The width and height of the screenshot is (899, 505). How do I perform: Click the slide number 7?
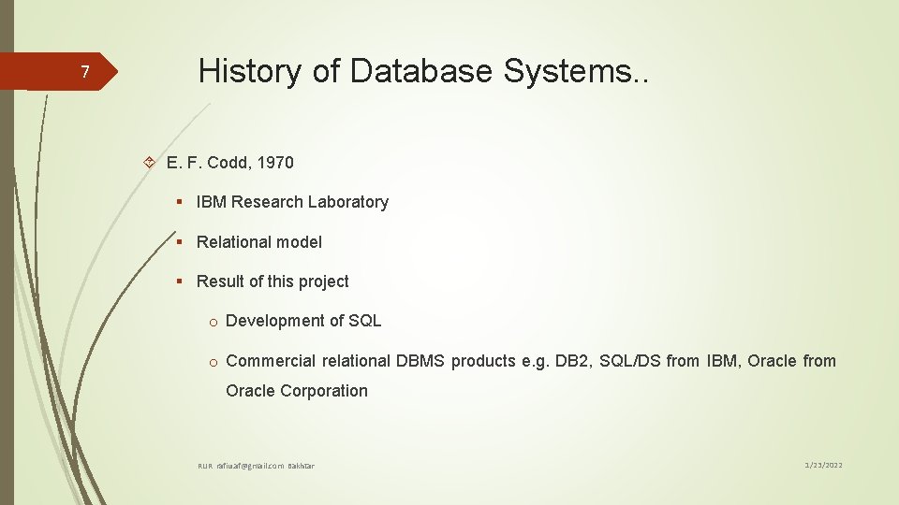click(84, 73)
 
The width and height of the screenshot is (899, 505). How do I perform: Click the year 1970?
click(277, 163)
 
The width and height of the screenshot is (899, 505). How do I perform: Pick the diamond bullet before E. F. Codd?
click(150, 163)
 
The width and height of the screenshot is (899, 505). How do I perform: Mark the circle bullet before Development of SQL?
click(214, 322)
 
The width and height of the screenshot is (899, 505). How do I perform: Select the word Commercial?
click(271, 361)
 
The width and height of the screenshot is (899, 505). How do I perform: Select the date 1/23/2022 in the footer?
click(825, 465)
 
